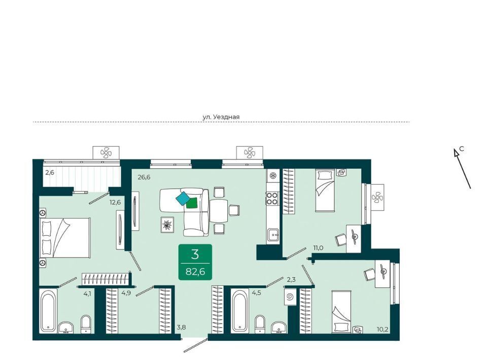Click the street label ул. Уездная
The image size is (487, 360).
[221, 117]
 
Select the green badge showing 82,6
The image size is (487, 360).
[195, 262]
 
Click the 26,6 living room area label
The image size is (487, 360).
[144, 177]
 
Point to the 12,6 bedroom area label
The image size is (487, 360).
[115, 203]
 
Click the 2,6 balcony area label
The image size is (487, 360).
[50, 172]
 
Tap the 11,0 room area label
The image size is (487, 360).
[319, 247]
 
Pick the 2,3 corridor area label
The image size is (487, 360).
[291, 279]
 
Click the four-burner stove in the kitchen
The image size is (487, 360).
[272, 199]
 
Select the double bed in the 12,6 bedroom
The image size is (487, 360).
[65, 238]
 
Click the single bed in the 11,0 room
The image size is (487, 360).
[325, 190]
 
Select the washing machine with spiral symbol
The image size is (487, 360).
[290, 297]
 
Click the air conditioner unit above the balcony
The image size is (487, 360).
[106, 153]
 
